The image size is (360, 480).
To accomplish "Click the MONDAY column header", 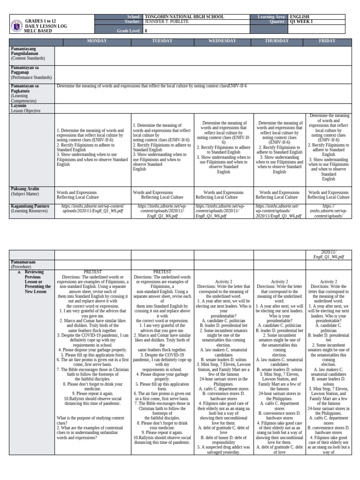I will coord(93,41).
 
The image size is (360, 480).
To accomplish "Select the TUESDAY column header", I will coord(163,41).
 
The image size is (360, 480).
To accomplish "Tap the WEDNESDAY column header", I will coord(224,41).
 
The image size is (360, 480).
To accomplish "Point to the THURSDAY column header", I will coord(277,41).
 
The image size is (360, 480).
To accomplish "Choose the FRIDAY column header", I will coord(327,41).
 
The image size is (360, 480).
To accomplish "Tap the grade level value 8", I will coord(146,31).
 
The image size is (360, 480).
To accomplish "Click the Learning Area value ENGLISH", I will coord(300,17).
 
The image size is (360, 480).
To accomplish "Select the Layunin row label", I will coord(19,106).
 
